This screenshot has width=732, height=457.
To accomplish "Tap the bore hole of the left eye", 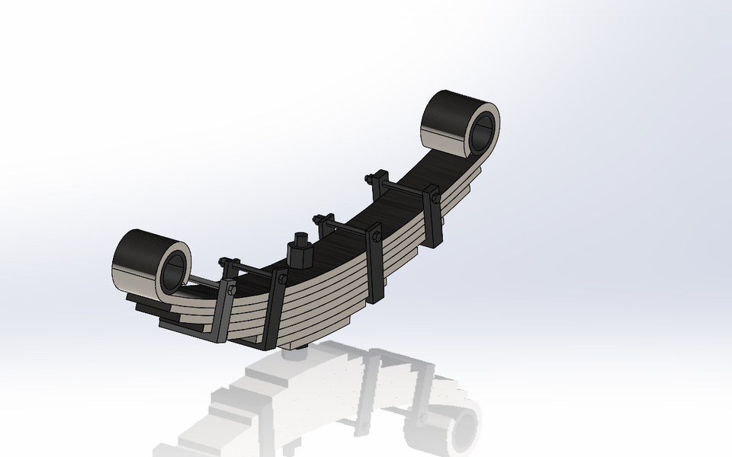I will (x=174, y=270).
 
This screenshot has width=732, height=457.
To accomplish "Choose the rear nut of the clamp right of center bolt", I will (x=319, y=220).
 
